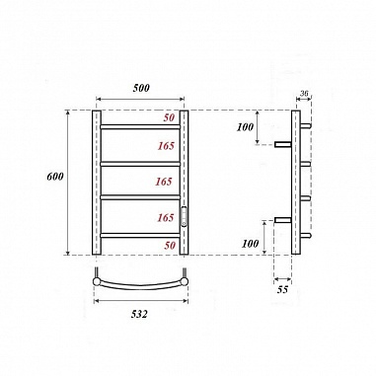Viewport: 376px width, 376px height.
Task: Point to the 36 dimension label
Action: tap(303, 95)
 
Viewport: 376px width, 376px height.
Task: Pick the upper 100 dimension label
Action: tap(247, 126)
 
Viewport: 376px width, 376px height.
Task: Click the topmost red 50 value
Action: tap(170, 119)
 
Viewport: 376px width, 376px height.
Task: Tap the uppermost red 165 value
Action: tap(165, 145)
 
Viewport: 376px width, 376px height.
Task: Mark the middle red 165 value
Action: tap(165, 182)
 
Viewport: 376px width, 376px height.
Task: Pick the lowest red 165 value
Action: tap(165, 216)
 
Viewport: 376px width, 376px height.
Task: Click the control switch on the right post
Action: tap(184, 213)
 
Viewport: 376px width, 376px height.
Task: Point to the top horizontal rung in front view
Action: tap(139, 128)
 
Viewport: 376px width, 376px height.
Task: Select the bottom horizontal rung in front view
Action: tap(139, 234)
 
